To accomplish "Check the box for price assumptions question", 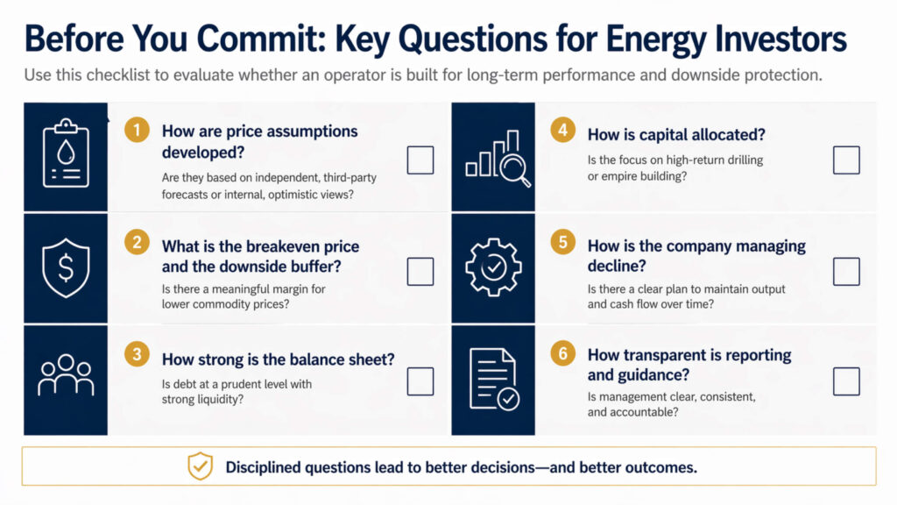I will tap(420, 160).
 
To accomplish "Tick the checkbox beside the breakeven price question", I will tap(420, 271).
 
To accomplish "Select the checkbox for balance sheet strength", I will tap(420, 381).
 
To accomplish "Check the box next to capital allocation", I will tap(846, 160).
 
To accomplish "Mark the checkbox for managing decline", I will tap(846, 271).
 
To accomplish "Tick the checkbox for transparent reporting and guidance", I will tap(846, 381).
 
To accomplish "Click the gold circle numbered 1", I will tap(136, 131).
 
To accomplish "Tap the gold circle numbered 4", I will tap(562, 131).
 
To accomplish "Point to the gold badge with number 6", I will tap(562, 353).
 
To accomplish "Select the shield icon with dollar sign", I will tap(66, 268).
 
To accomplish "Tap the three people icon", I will tap(66, 377).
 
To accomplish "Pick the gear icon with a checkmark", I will tap(493, 267).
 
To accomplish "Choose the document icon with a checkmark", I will tap(494, 379).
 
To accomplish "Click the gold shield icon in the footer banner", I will tap(201, 466).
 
